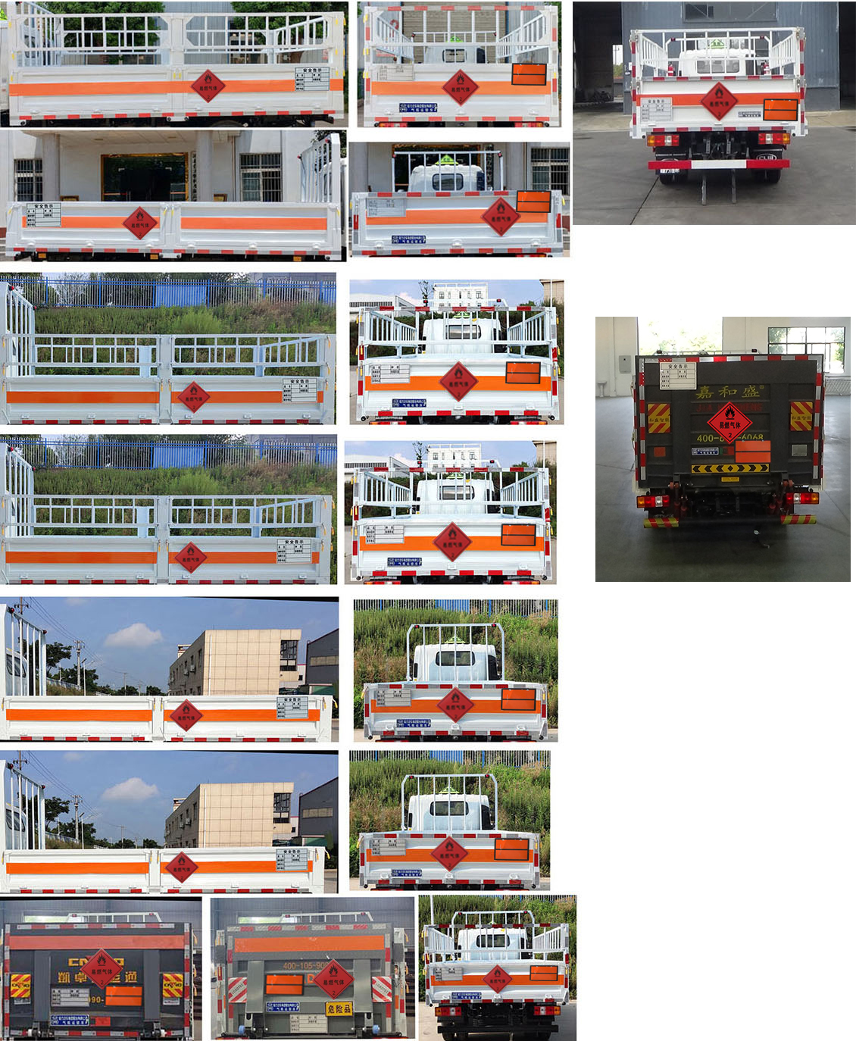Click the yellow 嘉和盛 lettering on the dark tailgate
[x=727, y=392]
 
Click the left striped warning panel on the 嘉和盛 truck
[x=658, y=417]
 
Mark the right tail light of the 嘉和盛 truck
[x=804, y=499]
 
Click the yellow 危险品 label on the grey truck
[x=339, y=1008]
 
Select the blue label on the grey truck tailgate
[x=282, y=1006]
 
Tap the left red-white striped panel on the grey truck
[x=237, y=989]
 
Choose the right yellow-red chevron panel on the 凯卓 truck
[x=172, y=984]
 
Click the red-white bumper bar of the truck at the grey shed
[x=718, y=164]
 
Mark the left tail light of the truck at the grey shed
[x=662, y=140]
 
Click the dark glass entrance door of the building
[x=144, y=177]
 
